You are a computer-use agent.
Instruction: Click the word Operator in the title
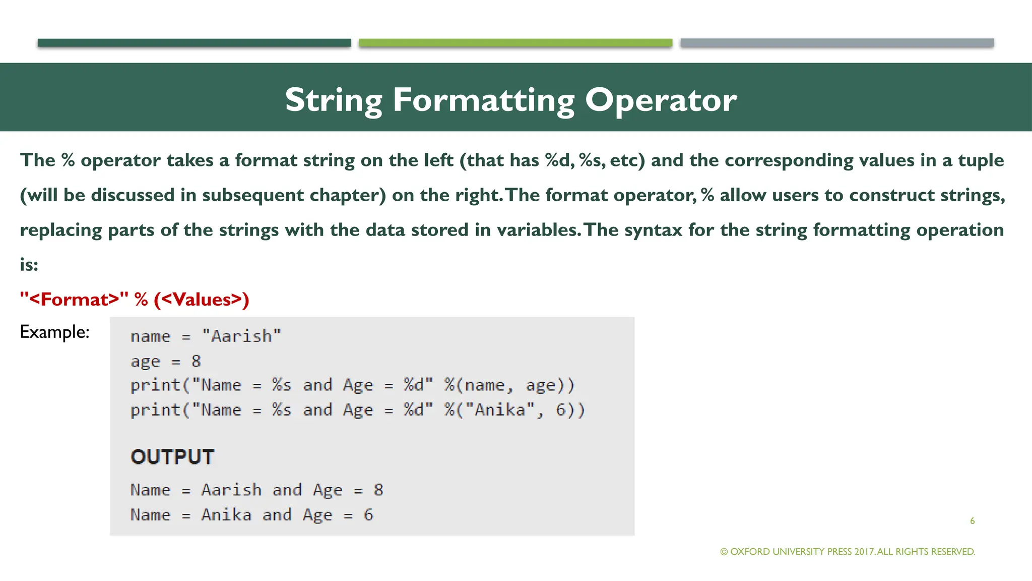coord(660,100)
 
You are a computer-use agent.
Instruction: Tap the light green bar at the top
coord(515,43)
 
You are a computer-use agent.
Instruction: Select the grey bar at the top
coord(836,43)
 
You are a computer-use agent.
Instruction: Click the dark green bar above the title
coord(194,43)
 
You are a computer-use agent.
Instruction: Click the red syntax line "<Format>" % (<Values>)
coord(134,300)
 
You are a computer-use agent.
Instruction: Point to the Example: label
coord(54,332)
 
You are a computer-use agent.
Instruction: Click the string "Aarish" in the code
coord(241,336)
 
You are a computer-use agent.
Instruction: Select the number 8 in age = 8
coord(196,361)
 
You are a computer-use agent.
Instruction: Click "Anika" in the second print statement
coord(500,410)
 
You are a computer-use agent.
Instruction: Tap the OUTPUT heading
coord(172,457)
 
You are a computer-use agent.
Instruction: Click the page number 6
coord(972,521)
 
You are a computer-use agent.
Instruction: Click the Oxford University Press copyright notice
coord(848,552)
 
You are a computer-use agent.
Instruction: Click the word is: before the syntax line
coord(29,265)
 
